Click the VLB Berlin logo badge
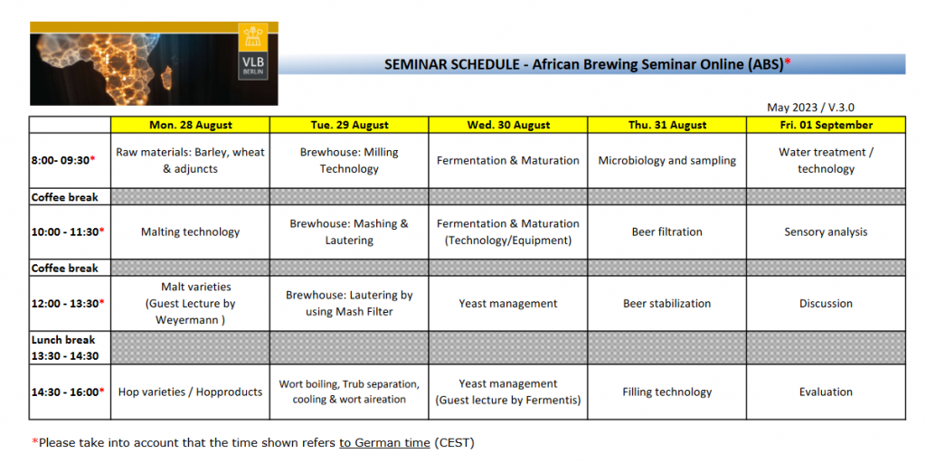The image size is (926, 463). (253, 52)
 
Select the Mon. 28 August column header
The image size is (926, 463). (190, 125)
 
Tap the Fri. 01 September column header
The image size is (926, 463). (826, 125)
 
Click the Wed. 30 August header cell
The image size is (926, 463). (508, 125)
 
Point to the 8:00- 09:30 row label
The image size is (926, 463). (63, 161)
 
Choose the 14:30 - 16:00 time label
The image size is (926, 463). (68, 392)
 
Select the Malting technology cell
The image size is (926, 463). (190, 231)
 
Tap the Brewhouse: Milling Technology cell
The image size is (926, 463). (349, 161)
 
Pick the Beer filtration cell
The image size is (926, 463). (666, 231)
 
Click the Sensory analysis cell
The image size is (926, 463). (826, 231)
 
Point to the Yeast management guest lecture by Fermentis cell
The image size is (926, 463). (508, 392)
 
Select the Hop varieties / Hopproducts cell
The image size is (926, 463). (190, 392)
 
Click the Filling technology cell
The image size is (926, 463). (666, 392)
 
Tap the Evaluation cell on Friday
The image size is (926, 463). (826, 392)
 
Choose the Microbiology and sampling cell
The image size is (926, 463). (666, 161)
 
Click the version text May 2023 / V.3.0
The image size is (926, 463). (810, 108)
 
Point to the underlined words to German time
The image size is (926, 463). (384, 442)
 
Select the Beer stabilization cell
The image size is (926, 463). (666, 304)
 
